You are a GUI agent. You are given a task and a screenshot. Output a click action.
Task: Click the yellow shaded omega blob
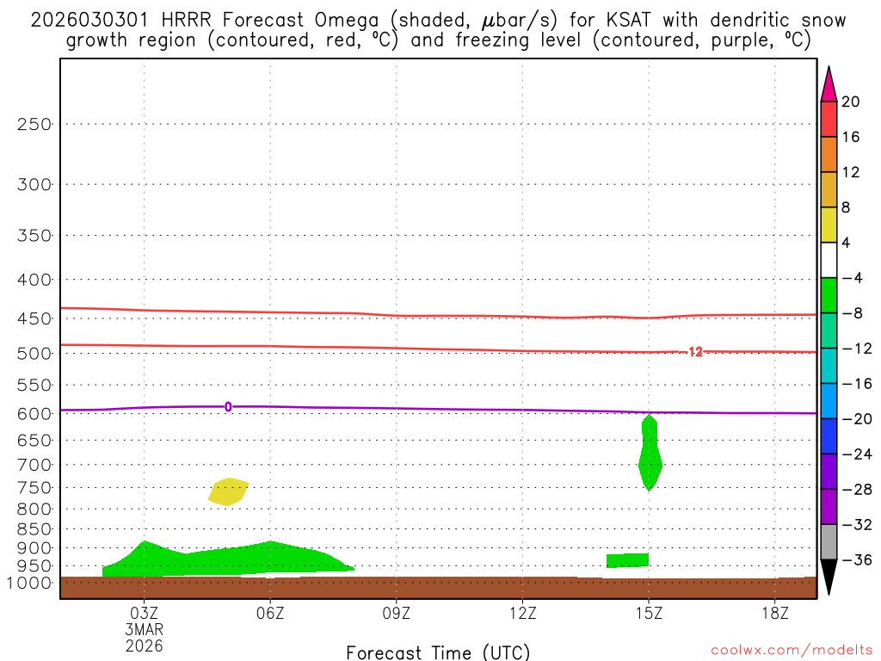tap(227, 491)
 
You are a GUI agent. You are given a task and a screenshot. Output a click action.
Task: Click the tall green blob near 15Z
tap(650, 456)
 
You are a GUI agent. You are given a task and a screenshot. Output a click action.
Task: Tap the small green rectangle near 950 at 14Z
tap(627, 560)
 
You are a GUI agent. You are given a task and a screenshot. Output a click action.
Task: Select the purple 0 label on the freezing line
tap(228, 407)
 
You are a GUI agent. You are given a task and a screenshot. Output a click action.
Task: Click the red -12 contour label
tap(693, 352)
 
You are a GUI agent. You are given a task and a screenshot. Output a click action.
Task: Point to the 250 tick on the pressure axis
tap(35, 124)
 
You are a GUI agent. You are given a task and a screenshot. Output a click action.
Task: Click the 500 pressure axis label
tap(35, 354)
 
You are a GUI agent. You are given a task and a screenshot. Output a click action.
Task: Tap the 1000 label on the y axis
tap(31, 584)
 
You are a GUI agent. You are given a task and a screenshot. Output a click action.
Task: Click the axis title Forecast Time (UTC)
tap(438, 652)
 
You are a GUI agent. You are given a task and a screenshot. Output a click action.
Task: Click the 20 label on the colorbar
tap(851, 102)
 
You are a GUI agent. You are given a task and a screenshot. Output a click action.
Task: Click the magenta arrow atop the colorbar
tap(829, 84)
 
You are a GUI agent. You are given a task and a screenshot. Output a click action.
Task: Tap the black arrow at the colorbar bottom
tap(829, 578)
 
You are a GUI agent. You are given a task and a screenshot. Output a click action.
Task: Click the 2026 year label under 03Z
tap(144, 645)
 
